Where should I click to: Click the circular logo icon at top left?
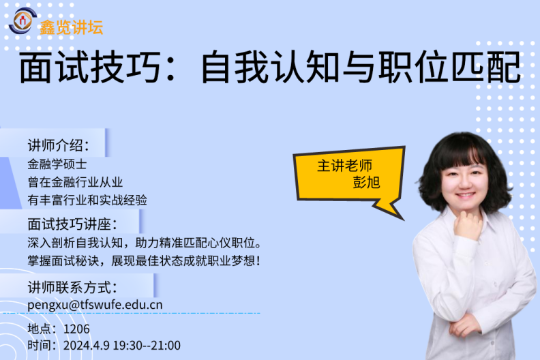[22, 20]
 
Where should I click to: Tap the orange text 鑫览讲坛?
[72, 27]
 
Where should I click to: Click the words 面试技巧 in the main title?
[89, 67]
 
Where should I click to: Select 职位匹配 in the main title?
[450, 67]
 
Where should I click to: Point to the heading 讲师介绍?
[58, 145]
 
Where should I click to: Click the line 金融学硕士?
[57, 164]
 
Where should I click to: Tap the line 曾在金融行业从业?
[75, 182]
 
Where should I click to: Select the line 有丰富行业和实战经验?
[87, 200]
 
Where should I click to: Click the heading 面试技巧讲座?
[72, 224]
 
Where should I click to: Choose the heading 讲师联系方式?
[72, 287]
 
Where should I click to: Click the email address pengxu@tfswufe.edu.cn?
[95, 305]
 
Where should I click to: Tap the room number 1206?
[76, 329]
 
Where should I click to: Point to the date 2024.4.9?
[87, 345]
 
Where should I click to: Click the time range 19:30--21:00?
[147, 345]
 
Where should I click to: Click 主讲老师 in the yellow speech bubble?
[344, 166]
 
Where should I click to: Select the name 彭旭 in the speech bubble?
[366, 182]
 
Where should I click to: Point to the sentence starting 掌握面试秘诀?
[144, 260]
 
